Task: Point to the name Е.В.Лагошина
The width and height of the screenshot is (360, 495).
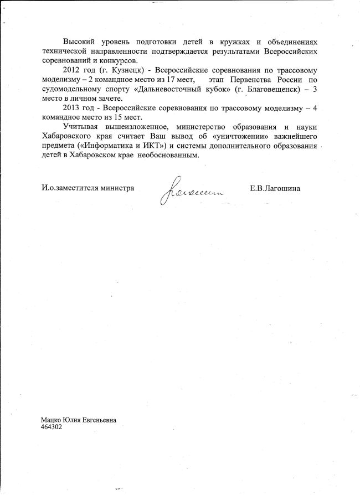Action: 275,188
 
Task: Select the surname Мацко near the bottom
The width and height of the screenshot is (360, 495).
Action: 53,420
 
